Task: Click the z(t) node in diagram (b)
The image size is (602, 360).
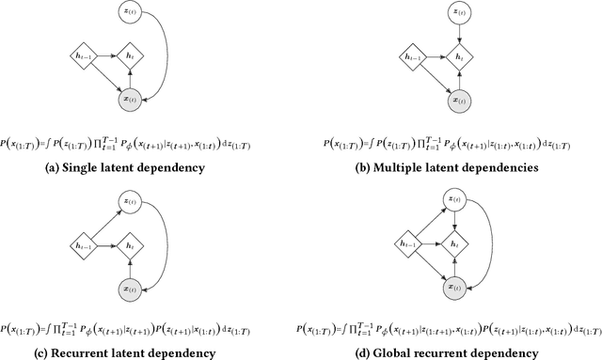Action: [456, 14]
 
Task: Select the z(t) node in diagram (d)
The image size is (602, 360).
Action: [456, 200]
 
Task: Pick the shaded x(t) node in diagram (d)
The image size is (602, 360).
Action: [456, 283]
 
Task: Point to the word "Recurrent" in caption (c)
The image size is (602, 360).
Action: [109, 353]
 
